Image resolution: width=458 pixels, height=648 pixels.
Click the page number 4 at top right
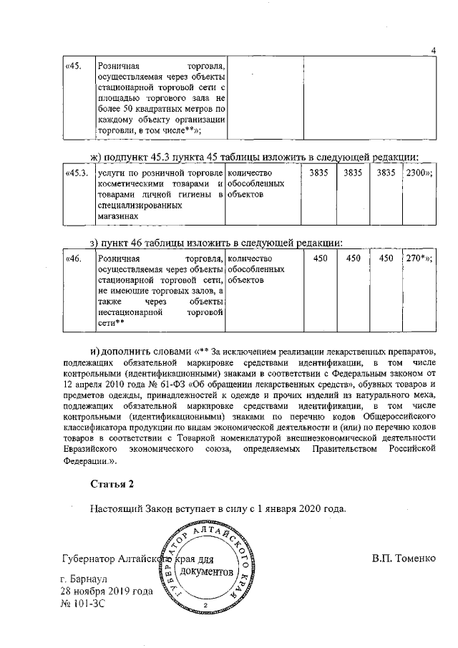pyautogui.click(x=434, y=49)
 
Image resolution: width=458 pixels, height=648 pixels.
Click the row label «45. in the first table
pyautogui.click(x=72, y=67)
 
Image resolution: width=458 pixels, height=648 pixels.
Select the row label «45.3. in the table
pyautogui.click(x=76, y=173)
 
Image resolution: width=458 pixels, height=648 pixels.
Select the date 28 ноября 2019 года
pyautogui.click(x=108, y=591)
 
